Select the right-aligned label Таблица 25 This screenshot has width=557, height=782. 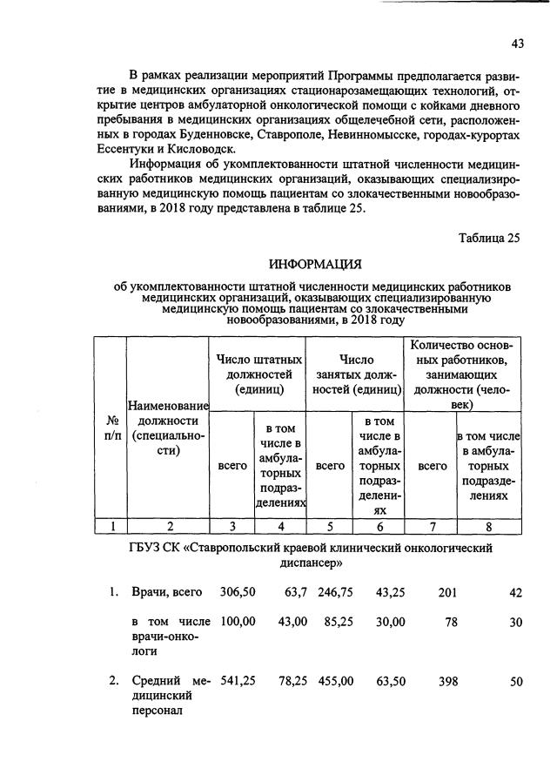(490, 239)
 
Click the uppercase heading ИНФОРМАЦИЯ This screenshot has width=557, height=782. (314, 264)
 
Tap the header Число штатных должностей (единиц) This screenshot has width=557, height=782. (259, 374)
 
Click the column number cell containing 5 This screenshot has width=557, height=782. (330, 525)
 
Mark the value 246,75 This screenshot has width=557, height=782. (335, 592)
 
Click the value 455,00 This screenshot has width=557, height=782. (335, 681)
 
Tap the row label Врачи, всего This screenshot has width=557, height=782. (166, 592)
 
